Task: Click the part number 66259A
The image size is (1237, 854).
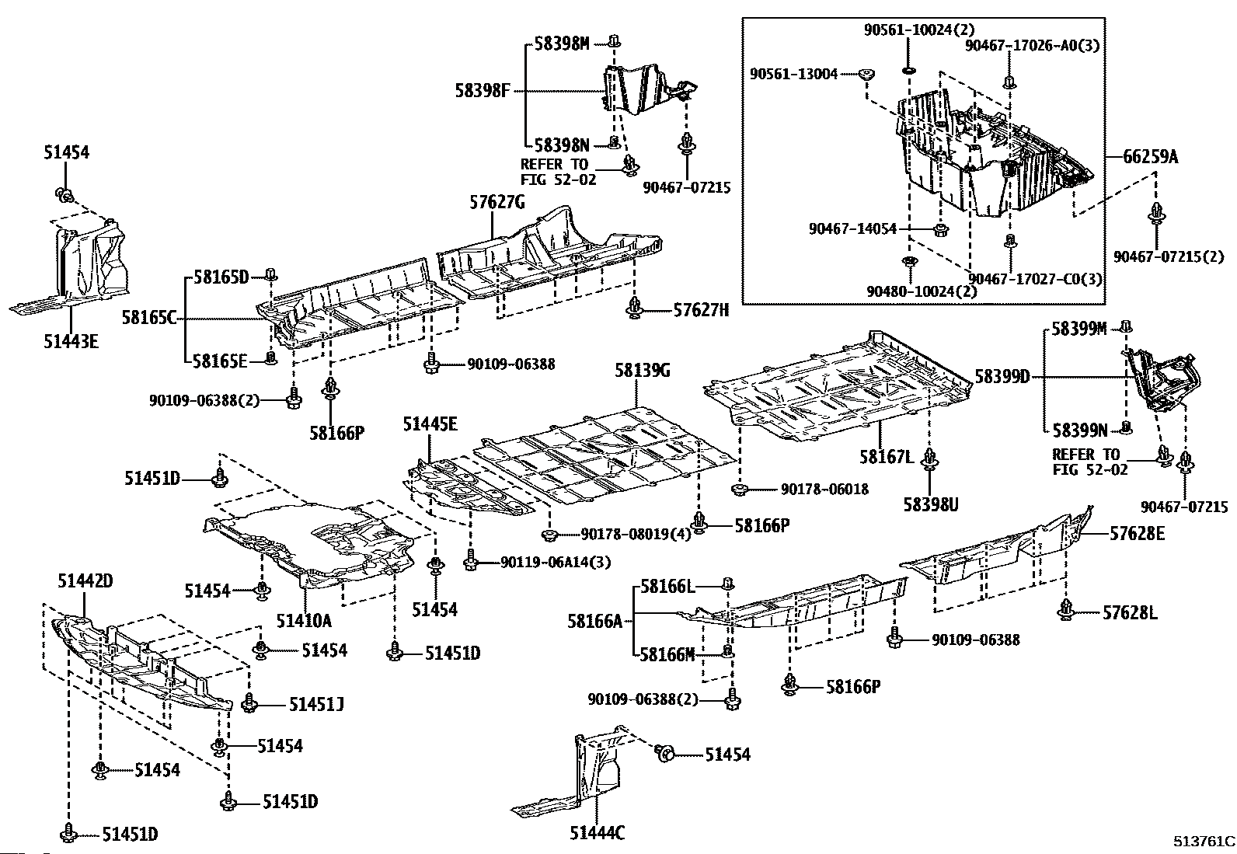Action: coord(1150,157)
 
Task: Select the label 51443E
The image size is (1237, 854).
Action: coord(71,341)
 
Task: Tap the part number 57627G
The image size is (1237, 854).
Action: coord(497,203)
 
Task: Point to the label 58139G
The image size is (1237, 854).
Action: coord(642,371)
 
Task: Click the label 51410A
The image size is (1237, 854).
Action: coord(303,620)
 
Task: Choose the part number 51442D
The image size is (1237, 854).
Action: coord(85,580)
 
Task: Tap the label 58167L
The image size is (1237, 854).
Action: coord(887,456)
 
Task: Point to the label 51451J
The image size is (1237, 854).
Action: coord(316,705)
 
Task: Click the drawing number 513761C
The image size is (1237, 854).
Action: coord(1204,841)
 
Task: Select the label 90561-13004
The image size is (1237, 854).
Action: coord(794,74)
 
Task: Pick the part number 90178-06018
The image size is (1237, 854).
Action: coord(824,489)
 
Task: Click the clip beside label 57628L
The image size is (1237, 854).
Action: coord(1066,612)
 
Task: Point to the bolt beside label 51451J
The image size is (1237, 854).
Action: coord(250,703)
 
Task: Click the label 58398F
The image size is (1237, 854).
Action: coord(482,91)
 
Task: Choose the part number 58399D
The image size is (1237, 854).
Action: coord(1002,377)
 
